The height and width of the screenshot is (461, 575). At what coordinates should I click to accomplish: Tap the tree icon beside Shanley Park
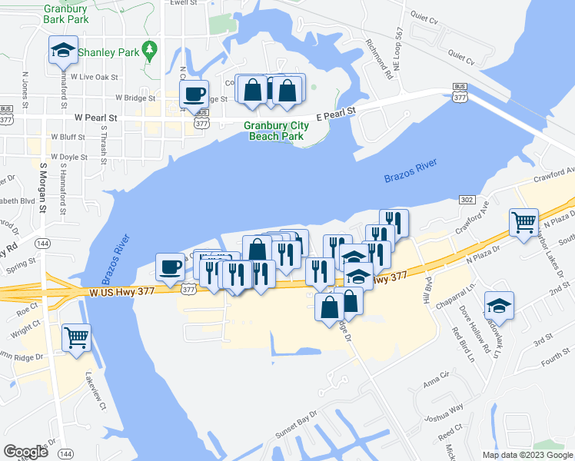point(151,51)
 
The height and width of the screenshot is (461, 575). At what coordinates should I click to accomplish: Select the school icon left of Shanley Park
point(63,51)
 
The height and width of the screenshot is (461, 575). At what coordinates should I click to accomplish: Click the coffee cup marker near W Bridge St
point(194,95)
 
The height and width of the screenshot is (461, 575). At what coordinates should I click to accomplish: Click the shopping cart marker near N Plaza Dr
point(523,223)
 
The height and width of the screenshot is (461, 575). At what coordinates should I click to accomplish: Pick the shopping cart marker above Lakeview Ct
point(77,338)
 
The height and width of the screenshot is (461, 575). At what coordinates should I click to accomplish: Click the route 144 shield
point(43,244)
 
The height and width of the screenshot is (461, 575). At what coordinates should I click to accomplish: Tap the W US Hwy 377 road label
point(123,292)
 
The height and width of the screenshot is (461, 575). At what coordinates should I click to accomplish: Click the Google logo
point(25,452)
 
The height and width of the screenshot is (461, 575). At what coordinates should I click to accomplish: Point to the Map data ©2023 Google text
point(527,454)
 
